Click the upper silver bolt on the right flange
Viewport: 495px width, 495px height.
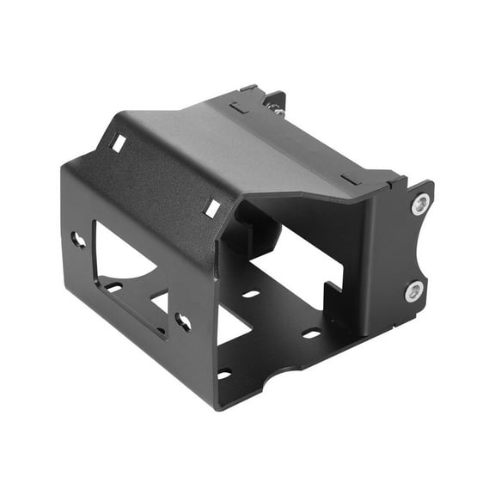tap(420, 205)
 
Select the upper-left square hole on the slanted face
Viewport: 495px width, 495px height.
tap(117, 144)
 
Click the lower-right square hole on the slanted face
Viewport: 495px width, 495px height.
tap(211, 207)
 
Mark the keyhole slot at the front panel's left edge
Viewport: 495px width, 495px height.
tap(78, 240)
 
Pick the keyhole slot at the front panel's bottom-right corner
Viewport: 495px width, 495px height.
tap(183, 321)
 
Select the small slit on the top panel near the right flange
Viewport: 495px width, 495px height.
tap(350, 180)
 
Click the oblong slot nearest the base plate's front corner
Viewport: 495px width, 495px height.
tap(224, 373)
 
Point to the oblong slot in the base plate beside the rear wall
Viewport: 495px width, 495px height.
tap(312, 333)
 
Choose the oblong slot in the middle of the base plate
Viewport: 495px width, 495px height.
tap(251, 294)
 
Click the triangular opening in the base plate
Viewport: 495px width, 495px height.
tap(230, 327)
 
